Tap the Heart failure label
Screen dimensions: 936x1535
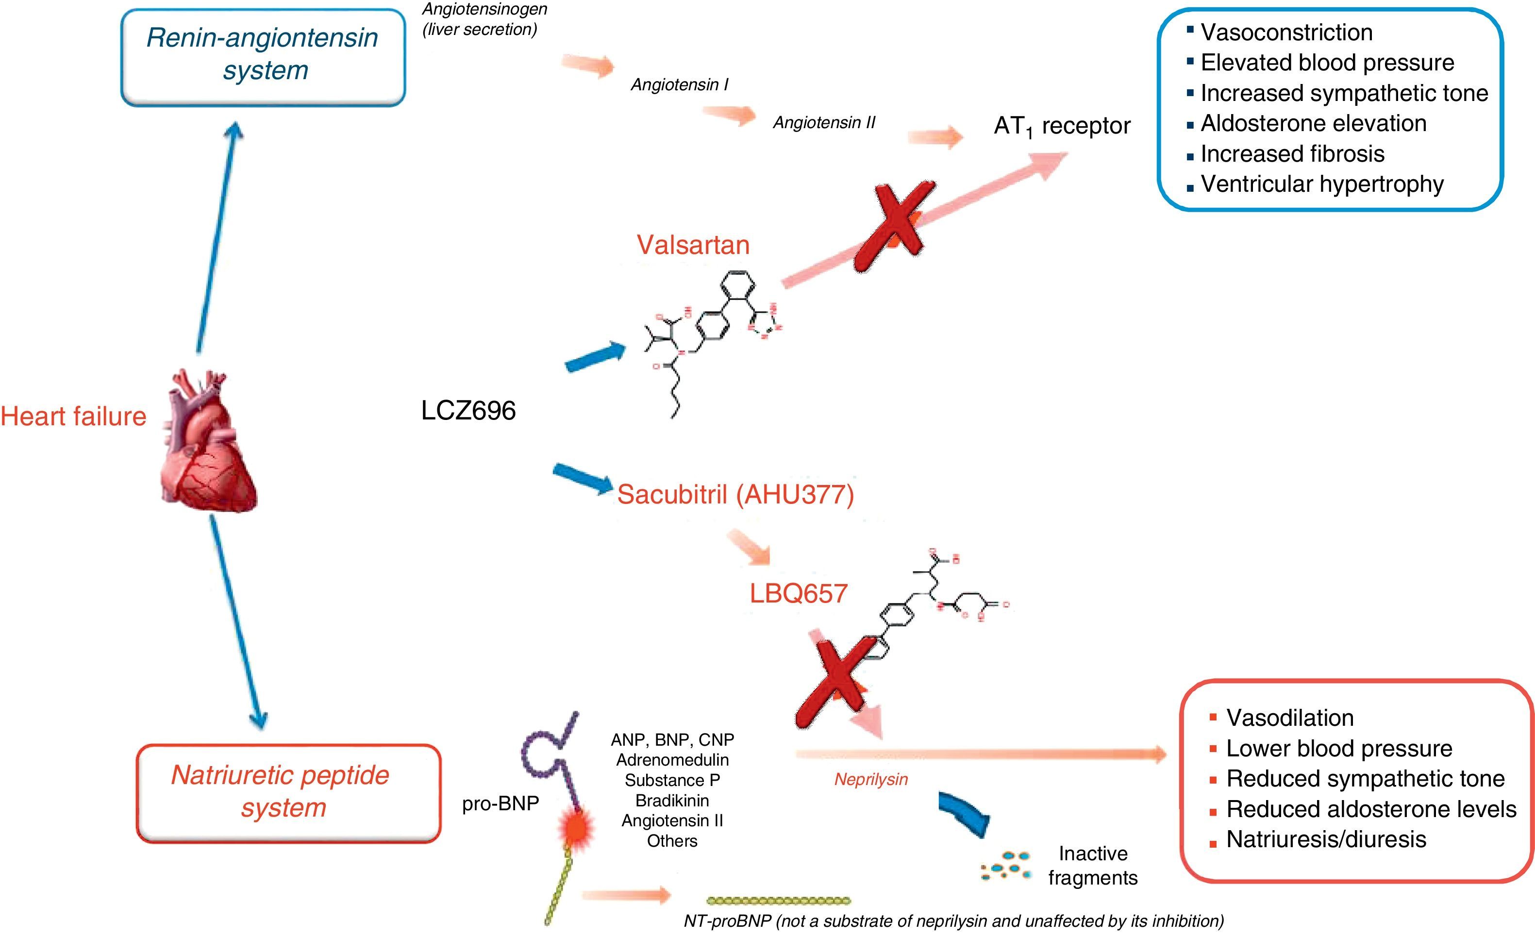coord(73,416)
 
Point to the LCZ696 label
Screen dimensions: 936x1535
coord(468,411)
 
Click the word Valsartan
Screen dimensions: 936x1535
coord(693,245)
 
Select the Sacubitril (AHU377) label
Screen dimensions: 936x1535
coord(735,494)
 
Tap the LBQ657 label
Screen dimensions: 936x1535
coord(798,593)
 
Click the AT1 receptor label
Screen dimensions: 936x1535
coord(1062,127)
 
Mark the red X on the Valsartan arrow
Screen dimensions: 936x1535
coord(895,228)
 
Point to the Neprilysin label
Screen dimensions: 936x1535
coord(871,779)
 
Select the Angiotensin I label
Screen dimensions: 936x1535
coord(680,85)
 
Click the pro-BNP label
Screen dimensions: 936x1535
coord(500,803)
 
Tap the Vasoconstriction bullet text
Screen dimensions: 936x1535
coord(1286,33)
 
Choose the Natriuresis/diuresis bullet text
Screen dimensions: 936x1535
coord(1326,839)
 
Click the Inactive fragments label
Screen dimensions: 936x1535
coord(1093,865)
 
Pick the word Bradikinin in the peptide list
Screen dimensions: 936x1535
coord(672,800)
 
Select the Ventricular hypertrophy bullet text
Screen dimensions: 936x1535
coord(1322,184)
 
